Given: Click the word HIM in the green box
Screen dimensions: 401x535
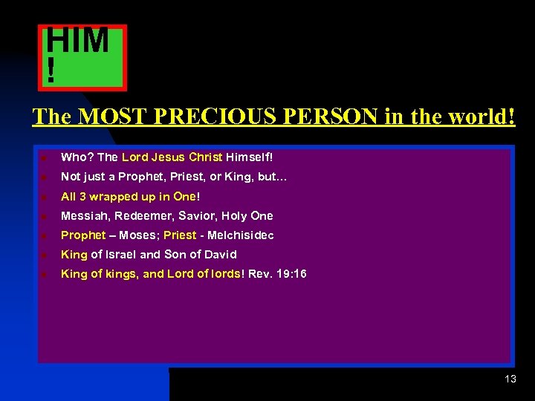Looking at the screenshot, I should click(78, 41).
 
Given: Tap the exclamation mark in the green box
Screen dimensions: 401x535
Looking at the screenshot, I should click(51, 71).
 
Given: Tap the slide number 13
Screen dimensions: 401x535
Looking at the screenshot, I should click(510, 379).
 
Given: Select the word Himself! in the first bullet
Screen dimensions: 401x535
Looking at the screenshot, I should click(250, 157).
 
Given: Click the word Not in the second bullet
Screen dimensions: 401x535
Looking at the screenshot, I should click(70, 177).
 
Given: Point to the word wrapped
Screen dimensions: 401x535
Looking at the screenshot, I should click(113, 197).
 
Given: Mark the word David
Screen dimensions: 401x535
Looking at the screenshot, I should click(220, 255).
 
